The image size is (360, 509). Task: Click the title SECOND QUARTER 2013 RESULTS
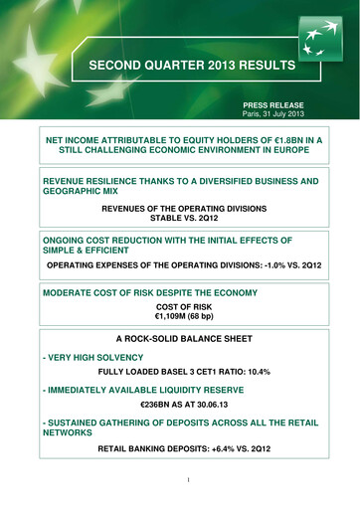click(179, 68)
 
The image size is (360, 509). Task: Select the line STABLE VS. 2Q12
click(179, 221)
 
